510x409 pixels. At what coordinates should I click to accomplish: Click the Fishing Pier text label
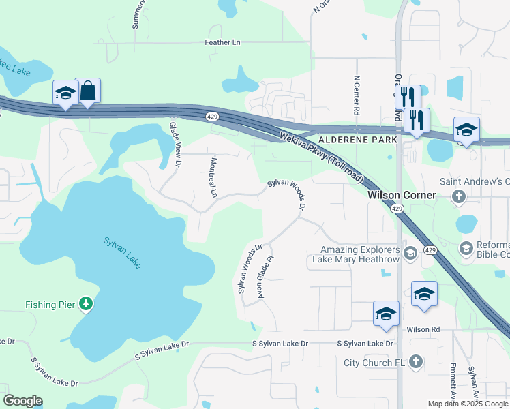49,305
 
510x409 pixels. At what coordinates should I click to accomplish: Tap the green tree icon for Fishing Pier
85,303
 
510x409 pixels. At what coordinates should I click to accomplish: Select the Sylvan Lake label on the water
122,252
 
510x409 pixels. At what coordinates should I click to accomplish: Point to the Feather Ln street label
223,42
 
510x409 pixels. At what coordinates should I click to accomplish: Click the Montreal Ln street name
213,178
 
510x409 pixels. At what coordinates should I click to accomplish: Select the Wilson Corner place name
402,195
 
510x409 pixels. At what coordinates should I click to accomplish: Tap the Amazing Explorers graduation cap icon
410,254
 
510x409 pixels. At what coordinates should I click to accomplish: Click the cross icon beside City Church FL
417,362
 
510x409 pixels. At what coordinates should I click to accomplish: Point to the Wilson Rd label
423,329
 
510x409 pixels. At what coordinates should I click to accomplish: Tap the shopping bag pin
88,91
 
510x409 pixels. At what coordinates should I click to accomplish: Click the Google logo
23,401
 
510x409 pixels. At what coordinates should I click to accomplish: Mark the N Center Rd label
356,95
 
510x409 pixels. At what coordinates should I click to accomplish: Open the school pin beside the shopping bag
65,93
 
